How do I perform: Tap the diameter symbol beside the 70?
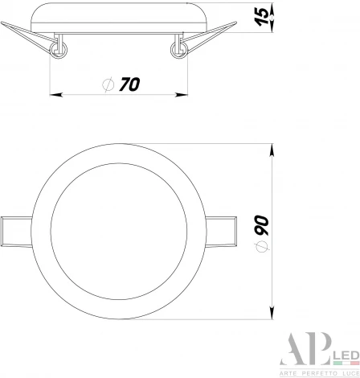coord(108,84)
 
